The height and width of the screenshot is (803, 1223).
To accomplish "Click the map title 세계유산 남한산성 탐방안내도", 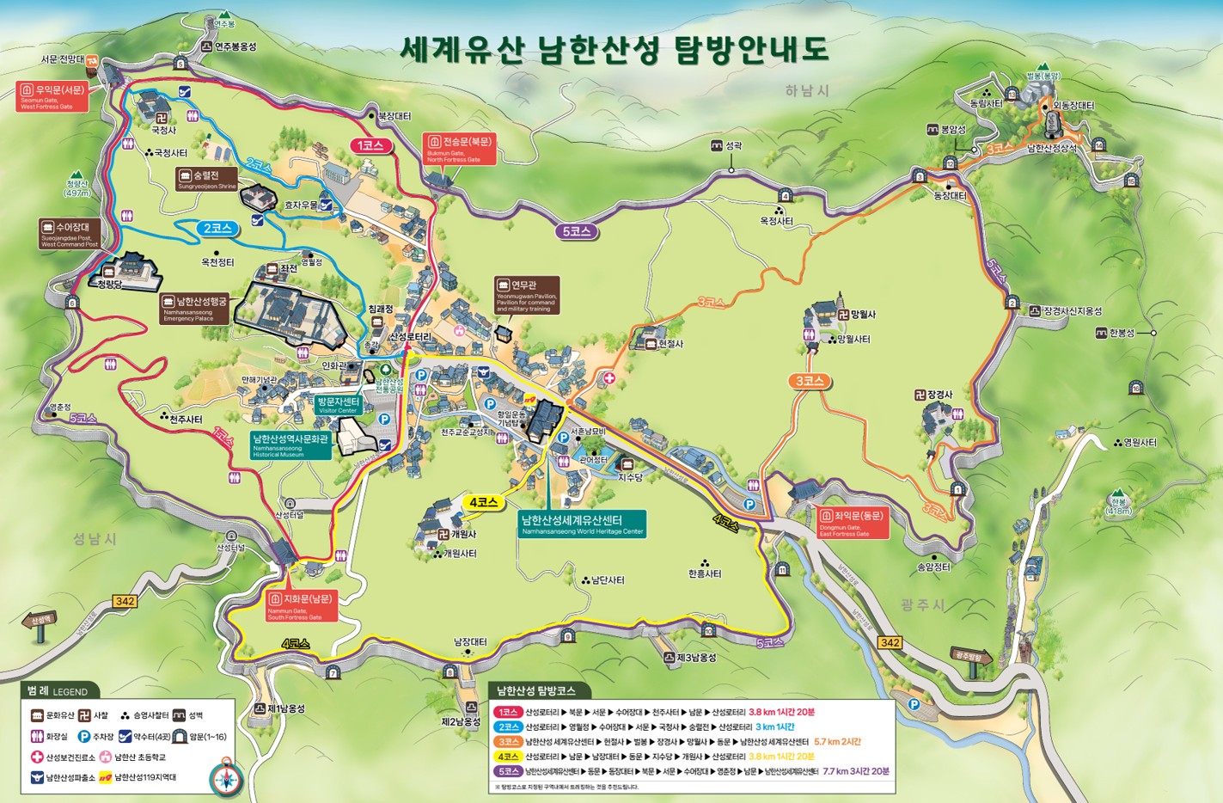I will tap(614, 49).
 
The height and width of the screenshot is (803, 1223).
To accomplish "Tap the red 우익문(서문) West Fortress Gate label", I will tap(52, 96).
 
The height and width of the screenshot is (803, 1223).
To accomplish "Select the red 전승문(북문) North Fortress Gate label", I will tap(460, 149).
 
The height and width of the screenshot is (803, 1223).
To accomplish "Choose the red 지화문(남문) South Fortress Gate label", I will tap(300, 605).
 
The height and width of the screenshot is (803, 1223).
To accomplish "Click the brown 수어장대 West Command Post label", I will tap(70, 233).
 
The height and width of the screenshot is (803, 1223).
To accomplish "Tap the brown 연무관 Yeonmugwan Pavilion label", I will tap(527, 295).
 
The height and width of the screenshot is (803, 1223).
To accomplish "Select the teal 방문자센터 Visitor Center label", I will tap(337, 405).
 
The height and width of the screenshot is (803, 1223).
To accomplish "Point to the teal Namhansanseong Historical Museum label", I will tap(290, 444).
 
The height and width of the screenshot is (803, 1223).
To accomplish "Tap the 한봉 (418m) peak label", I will tap(1118, 506).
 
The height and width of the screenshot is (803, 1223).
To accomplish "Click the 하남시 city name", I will tap(806, 90).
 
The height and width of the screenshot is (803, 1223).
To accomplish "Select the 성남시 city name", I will tap(95, 539).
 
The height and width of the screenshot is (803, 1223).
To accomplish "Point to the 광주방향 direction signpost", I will tap(971, 658).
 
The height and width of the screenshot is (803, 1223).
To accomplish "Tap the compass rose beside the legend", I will tap(227, 777).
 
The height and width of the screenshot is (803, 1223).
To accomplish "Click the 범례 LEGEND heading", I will tap(58, 690).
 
